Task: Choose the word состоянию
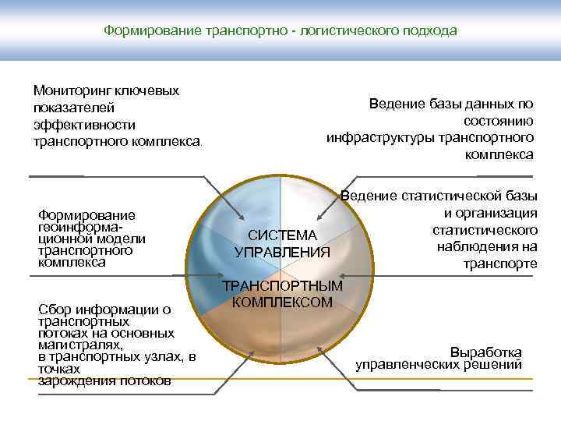pos(498,120)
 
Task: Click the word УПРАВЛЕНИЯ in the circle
pos(283,252)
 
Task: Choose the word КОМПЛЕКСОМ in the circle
pos(283,302)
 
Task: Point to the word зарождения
pos(71,380)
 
